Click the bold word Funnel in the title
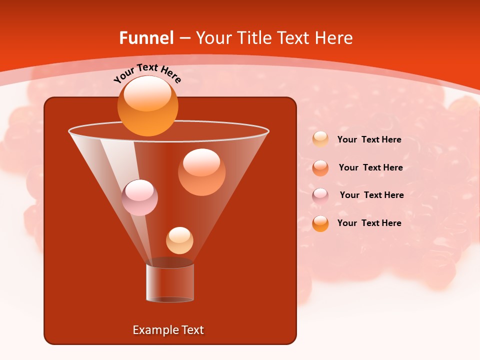[x=146, y=38]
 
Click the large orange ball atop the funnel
[x=147, y=106]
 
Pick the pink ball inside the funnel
[x=140, y=197]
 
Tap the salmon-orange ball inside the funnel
[x=201, y=172]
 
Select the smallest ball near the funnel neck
[x=179, y=240]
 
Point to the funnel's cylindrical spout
[x=170, y=283]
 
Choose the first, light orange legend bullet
[x=320, y=139]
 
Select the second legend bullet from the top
[x=320, y=168]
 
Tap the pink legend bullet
[x=320, y=196]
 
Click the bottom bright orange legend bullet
[x=320, y=223]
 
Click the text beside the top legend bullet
[x=369, y=139]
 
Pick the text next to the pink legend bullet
[x=371, y=195]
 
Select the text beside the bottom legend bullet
[x=369, y=223]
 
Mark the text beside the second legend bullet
[x=370, y=167]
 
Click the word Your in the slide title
[x=212, y=38]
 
